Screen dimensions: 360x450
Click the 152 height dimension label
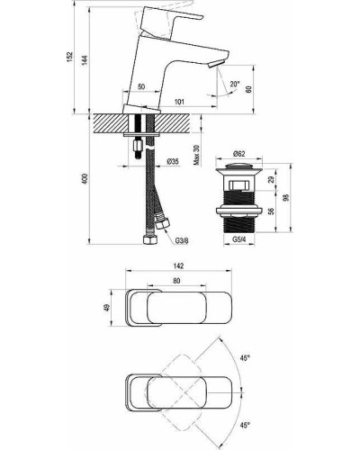[x=69, y=57]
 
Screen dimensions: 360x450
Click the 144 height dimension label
[x=85, y=61]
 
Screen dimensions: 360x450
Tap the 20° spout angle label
[x=235, y=84]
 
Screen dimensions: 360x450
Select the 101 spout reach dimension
[x=179, y=102]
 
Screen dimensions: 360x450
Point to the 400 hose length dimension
[x=85, y=179]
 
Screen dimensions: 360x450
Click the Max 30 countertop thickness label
[x=196, y=155]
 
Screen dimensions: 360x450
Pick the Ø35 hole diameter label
[x=173, y=162]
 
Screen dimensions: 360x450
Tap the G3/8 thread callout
[x=183, y=240]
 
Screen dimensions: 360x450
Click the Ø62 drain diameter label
[x=239, y=154]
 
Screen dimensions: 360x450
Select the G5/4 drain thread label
[x=239, y=239]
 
